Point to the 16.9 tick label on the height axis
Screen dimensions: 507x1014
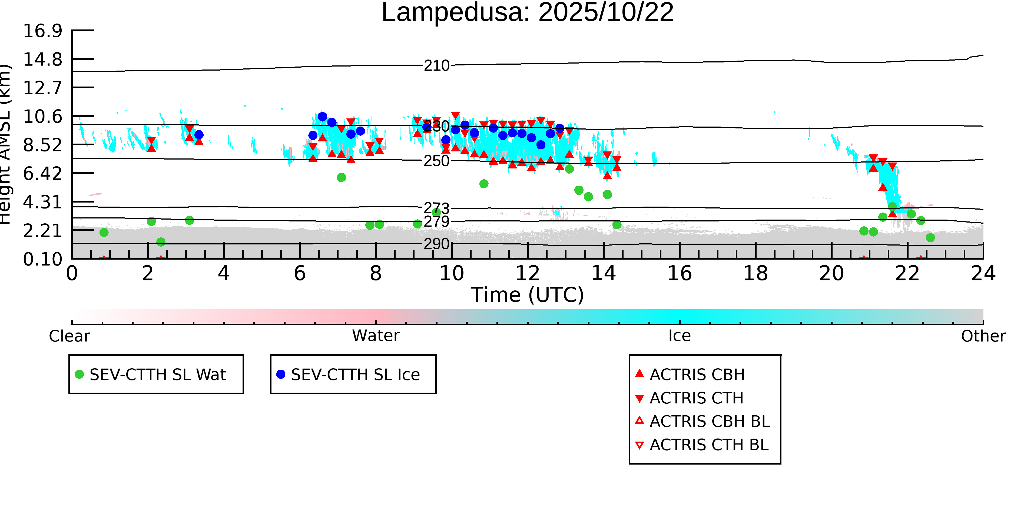(x=42, y=31)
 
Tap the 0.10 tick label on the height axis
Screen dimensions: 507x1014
(x=42, y=259)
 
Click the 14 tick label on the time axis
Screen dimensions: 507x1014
(x=604, y=274)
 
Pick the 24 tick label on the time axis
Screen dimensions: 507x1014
(x=983, y=274)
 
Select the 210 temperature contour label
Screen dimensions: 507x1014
(x=436, y=65)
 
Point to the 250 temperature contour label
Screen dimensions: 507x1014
(x=436, y=161)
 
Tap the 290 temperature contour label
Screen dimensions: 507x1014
(x=436, y=244)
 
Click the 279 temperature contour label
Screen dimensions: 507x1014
(x=436, y=222)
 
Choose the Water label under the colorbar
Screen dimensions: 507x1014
(x=376, y=336)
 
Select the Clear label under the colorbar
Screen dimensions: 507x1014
(x=69, y=336)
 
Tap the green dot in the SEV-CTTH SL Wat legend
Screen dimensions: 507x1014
(x=79, y=374)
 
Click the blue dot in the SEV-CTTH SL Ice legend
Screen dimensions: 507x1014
(x=281, y=374)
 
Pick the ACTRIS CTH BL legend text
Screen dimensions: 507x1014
(x=709, y=445)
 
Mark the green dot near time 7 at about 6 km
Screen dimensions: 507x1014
(x=341, y=178)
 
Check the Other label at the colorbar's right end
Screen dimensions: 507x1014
(x=983, y=336)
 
